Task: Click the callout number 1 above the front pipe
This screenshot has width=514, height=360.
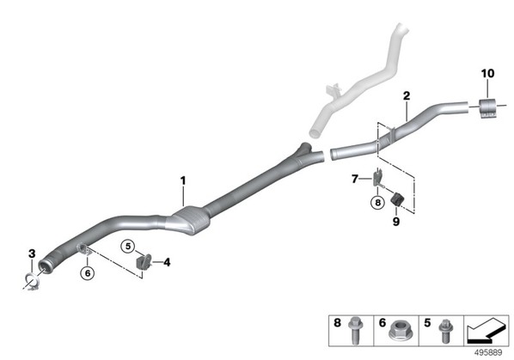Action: tap(183, 180)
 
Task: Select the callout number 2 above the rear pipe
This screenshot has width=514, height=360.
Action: tap(407, 96)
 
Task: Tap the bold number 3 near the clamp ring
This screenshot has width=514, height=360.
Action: tap(32, 253)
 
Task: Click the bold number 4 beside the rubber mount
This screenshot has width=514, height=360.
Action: tap(168, 262)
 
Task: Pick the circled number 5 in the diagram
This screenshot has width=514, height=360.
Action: tap(128, 246)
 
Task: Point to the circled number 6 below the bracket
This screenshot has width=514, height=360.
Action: tap(88, 273)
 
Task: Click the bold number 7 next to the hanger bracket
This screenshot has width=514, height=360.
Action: tap(355, 179)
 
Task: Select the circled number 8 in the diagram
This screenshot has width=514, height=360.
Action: tap(377, 203)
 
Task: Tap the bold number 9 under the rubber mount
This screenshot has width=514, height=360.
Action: tap(396, 222)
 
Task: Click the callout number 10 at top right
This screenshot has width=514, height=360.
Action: tap(487, 73)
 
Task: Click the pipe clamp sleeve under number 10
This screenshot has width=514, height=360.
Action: tap(488, 107)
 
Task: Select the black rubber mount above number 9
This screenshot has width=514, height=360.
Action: tap(398, 199)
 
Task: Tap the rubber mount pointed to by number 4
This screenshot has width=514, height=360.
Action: tap(144, 262)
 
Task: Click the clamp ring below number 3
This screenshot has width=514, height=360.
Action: tap(33, 281)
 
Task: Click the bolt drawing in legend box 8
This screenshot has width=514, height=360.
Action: tap(355, 330)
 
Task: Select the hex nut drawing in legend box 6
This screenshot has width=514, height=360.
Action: tap(396, 331)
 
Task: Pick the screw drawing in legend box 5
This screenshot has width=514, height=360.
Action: tap(445, 331)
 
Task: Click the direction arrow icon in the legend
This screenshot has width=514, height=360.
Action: tap(486, 331)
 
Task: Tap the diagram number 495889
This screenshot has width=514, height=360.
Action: tap(488, 353)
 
